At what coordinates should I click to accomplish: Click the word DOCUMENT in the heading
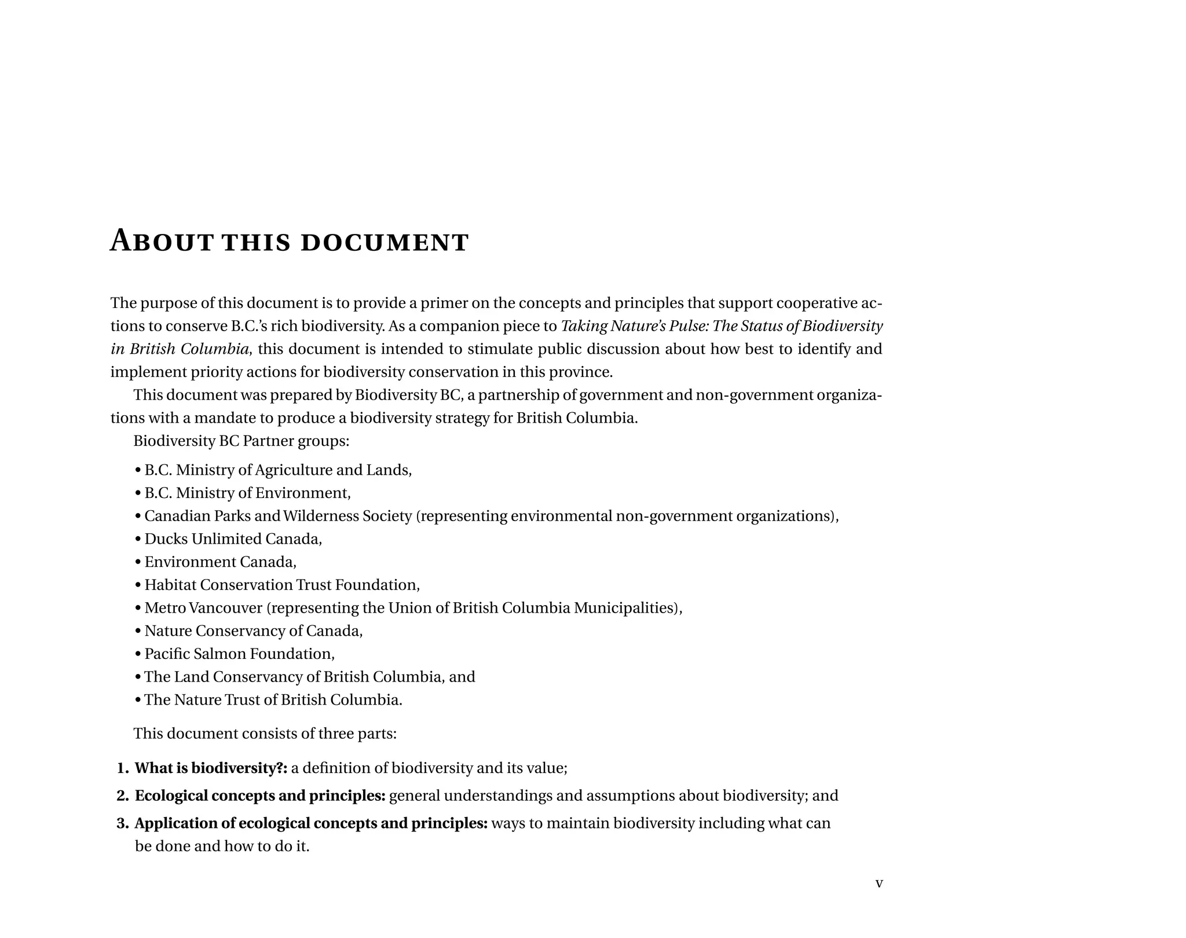(x=385, y=242)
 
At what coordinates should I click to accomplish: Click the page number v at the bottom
(x=878, y=883)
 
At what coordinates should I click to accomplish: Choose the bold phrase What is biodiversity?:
(x=211, y=768)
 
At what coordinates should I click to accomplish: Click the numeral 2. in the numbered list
(x=122, y=796)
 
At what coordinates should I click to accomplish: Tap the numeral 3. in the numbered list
(x=122, y=823)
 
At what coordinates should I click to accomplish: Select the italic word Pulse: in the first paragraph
(x=689, y=327)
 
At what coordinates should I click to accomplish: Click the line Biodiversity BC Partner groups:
(x=241, y=441)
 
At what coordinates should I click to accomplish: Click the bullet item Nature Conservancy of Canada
(x=253, y=631)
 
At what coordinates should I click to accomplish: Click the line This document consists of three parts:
(x=265, y=734)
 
